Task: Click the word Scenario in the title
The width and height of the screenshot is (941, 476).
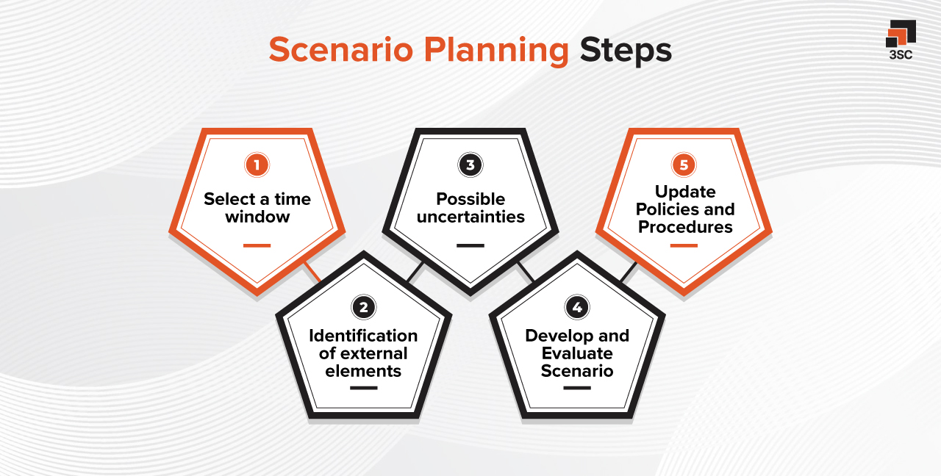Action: tap(342, 51)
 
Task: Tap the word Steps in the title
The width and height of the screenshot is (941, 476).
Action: tap(626, 51)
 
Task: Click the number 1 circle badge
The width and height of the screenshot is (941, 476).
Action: tap(257, 165)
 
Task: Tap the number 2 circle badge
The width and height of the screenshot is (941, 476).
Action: tap(363, 307)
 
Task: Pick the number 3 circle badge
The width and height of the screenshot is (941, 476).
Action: tap(470, 165)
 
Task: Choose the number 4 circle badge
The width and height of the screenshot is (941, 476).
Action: tap(576, 307)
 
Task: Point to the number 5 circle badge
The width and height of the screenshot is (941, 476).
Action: tap(684, 165)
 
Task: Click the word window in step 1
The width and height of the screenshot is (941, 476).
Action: tap(257, 217)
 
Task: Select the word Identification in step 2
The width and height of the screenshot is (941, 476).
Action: tap(363, 336)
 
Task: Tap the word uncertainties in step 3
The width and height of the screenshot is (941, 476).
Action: tap(470, 217)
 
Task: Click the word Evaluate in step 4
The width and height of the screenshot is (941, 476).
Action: tap(577, 353)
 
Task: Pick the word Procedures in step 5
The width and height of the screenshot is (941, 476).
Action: tap(685, 227)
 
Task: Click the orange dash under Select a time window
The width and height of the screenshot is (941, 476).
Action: tap(257, 245)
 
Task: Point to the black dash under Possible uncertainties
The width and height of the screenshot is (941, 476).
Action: tap(470, 245)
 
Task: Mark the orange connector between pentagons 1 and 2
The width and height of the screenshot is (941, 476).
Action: tap(312, 272)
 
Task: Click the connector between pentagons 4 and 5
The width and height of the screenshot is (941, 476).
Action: tap(628, 273)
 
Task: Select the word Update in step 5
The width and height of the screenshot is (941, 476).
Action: tap(685, 192)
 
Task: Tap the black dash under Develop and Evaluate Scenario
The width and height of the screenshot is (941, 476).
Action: tap(576, 387)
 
